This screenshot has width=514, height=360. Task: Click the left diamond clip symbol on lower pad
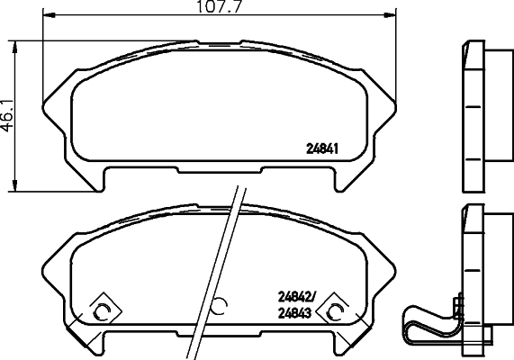click(x=101, y=310)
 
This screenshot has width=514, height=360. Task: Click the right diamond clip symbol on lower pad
click(x=336, y=310)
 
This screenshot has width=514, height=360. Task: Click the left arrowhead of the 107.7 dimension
click(x=48, y=15)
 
